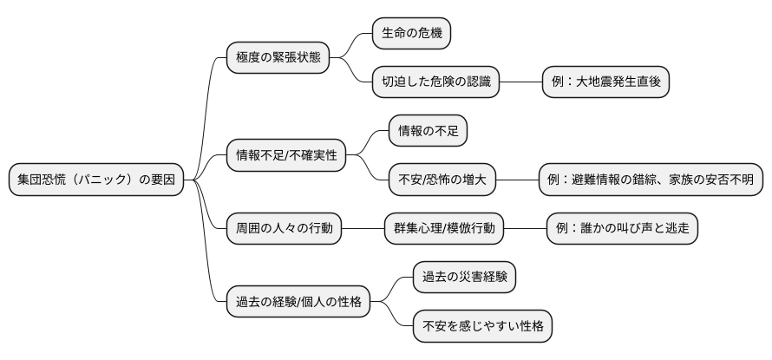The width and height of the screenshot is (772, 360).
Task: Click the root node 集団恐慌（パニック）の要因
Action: click(96, 180)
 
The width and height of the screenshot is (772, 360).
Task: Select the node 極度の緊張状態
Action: click(278, 58)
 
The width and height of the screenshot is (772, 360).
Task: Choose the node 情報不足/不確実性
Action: click(285, 156)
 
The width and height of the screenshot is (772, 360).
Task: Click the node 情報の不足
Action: click(428, 131)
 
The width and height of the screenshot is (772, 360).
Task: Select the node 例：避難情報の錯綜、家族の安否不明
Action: click(651, 180)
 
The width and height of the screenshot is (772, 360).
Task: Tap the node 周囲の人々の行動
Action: click(284, 229)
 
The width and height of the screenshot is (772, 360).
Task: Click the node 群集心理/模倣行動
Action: click(444, 229)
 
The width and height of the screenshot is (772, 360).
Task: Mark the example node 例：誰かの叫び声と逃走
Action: click(622, 229)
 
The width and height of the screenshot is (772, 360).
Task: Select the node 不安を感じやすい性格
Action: click(481, 327)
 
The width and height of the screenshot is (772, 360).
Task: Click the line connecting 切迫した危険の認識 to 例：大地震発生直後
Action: click(521, 82)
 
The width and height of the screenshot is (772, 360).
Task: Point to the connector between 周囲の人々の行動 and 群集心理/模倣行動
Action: click(363, 229)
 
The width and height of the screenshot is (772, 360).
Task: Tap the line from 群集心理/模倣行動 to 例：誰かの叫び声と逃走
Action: click(525, 229)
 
